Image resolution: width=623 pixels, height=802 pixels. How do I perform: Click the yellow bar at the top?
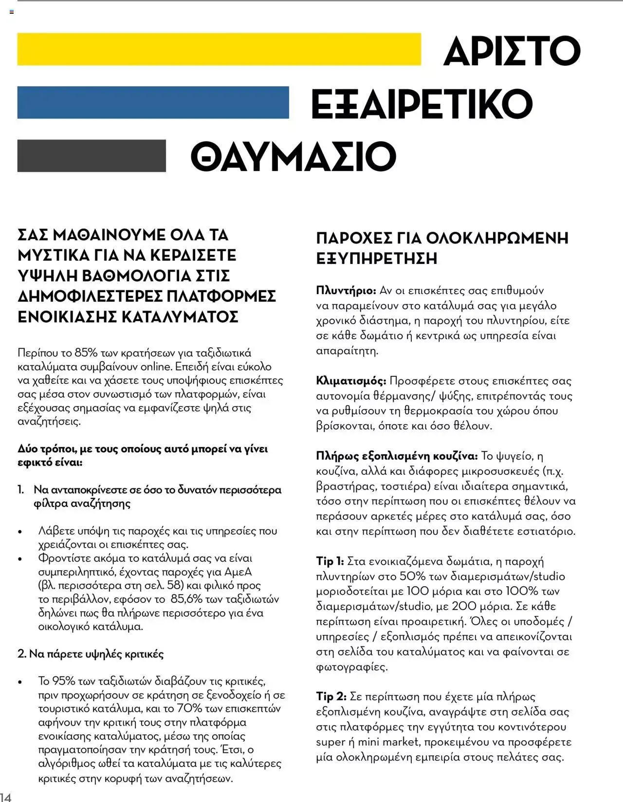point(219,49)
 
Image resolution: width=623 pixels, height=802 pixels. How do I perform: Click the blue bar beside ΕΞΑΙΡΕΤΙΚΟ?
point(153,102)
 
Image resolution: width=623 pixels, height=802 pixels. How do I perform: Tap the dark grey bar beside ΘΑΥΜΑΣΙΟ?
point(92,156)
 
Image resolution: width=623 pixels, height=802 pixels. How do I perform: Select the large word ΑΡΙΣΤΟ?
point(512,50)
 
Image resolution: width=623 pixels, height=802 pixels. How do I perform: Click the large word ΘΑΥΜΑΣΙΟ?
point(293,157)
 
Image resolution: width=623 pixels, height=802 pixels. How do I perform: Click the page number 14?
point(5,797)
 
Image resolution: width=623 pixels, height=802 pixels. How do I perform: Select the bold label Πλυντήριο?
point(346,291)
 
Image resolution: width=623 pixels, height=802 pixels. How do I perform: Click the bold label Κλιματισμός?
point(351,381)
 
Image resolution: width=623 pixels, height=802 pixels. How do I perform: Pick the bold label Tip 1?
point(330,561)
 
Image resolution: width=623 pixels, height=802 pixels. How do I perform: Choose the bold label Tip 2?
point(331,697)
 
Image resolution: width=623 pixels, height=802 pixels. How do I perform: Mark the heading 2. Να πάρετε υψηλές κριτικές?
point(91,653)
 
